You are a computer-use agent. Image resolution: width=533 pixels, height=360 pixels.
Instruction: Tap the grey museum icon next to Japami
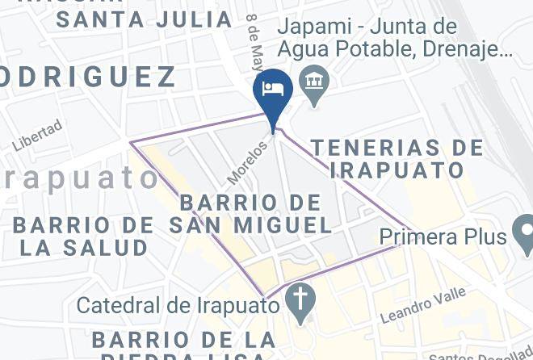coord(311,81)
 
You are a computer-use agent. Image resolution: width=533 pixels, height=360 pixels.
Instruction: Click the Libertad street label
coord(36,136)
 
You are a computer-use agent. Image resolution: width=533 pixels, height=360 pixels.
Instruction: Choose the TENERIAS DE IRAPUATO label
coord(397,159)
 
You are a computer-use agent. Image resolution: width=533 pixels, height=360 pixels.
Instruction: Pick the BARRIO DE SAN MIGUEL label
coord(250,213)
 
